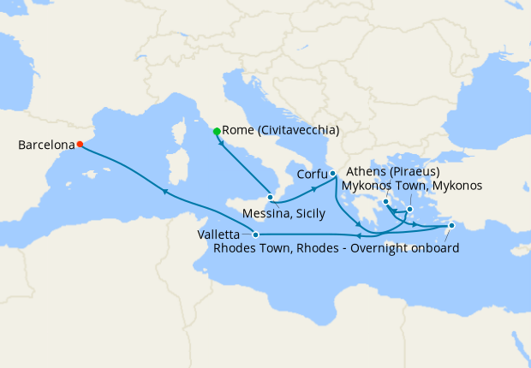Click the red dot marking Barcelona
tap(80, 145)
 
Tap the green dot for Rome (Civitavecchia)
tap(217, 131)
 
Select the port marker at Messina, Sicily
tap(271, 197)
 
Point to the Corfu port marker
tap(332, 174)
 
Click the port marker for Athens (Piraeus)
tap(386, 202)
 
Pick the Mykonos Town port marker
tap(410, 209)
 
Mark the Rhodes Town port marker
tap(452, 226)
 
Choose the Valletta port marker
tap(256, 234)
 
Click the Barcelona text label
tap(45, 145)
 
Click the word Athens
tap(361, 171)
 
